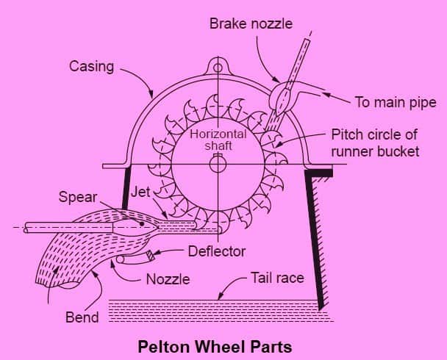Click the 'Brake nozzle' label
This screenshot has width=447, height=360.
(x=250, y=24)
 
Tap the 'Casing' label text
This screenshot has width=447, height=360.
(x=91, y=66)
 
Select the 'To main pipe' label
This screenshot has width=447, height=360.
(x=395, y=102)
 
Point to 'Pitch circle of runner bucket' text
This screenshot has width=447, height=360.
(x=375, y=143)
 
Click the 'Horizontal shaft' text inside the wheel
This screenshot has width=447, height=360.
(x=218, y=140)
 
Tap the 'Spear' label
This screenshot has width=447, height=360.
(x=77, y=198)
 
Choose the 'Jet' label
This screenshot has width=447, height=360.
(x=140, y=192)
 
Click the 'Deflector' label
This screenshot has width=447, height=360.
(x=216, y=251)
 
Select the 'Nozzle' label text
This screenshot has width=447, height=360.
(x=168, y=279)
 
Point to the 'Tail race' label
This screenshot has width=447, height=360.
(x=278, y=278)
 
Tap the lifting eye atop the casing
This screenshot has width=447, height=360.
(x=218, y=68)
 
